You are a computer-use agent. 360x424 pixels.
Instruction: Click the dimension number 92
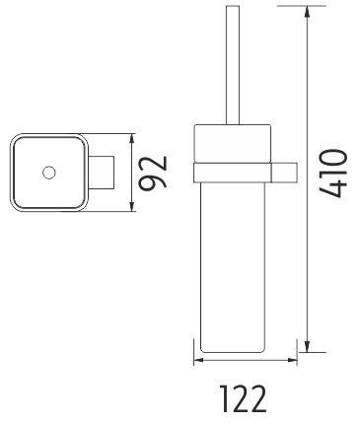tap(153, 173)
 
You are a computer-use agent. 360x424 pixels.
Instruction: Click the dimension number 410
tap(333, 174)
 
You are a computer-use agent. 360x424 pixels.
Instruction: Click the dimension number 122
tap(243, 398)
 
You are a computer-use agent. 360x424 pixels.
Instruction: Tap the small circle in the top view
tap(49, 173)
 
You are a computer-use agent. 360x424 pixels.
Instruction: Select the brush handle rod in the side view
tap(233, 65)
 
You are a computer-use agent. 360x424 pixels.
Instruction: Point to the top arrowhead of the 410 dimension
tap(307, 13)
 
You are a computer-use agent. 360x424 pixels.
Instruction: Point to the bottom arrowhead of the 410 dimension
tap(307, 345)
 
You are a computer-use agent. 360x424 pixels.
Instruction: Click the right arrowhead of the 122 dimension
tap(291, 360)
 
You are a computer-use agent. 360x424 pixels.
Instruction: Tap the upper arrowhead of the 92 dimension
tap(132, 140)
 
